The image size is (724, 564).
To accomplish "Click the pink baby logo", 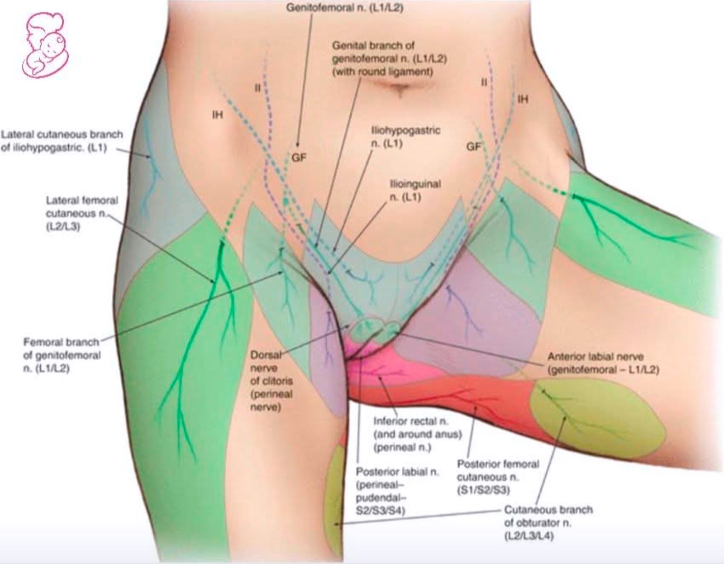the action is (46, 45).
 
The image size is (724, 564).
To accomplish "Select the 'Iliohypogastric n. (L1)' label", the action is (405, 137).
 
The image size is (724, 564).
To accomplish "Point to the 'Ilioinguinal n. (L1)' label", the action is (415, 190).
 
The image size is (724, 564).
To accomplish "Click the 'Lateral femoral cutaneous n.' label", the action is (81, 214).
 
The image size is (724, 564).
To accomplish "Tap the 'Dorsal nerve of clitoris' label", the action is (271, 381).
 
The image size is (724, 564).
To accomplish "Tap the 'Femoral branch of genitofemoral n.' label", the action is (62, 355).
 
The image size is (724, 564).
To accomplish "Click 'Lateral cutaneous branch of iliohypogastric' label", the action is (62, 141).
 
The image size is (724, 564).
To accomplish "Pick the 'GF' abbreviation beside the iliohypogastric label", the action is (473, 147).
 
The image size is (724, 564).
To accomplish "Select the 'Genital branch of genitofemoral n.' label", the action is (390, 59).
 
